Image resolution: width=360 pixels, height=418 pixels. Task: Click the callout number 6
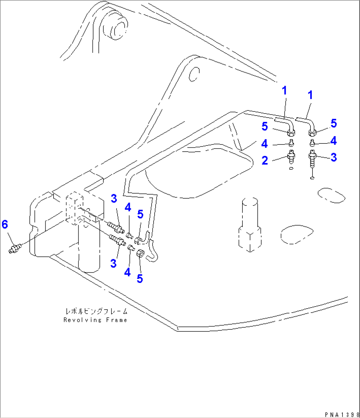(5, 224)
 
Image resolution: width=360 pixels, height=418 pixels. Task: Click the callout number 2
(265, 161)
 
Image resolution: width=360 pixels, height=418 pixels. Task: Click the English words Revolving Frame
(95, 320)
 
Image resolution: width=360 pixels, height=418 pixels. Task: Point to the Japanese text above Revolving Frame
(96, 311)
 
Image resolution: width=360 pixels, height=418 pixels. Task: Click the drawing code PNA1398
(342, 414)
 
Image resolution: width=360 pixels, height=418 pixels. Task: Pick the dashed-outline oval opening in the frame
(297, 235)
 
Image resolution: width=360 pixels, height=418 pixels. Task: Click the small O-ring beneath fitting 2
(291, 169)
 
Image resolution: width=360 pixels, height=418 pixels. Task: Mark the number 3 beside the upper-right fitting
(334, 158)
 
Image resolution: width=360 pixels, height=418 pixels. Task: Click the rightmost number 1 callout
(310, 95)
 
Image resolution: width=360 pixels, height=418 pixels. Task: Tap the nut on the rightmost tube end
(312, 133)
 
